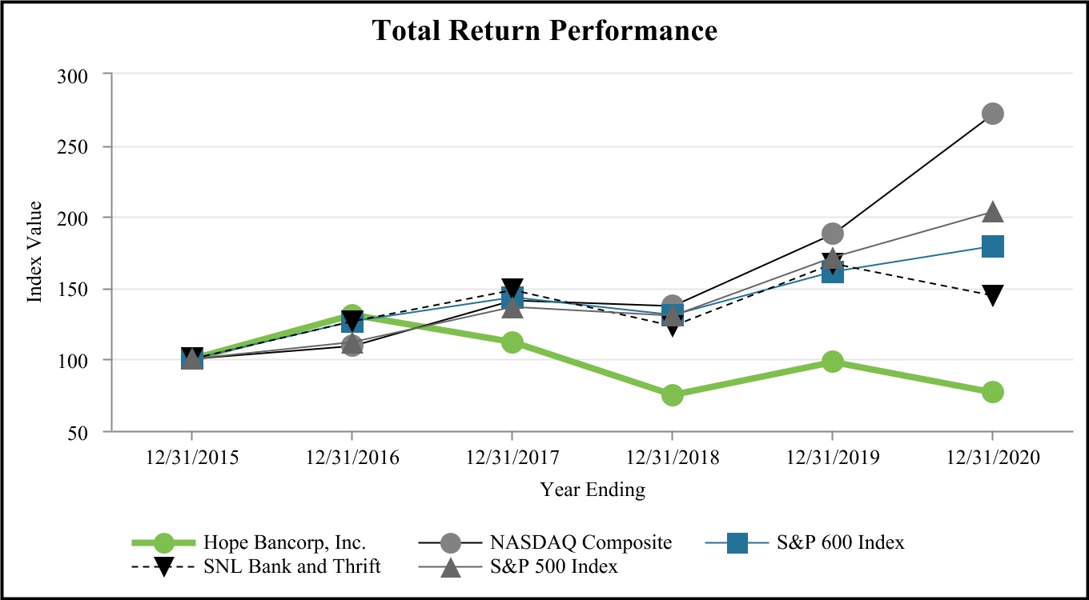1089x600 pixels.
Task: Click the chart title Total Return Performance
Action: (x=544, y=30)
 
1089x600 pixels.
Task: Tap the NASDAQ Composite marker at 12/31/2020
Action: (x=992, y=114)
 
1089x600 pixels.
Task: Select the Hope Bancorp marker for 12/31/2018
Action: (x=672, y=395)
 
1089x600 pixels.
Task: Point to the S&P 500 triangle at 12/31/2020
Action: (x=992, y=212)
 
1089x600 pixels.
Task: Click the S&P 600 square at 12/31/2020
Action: (x=992, y=246)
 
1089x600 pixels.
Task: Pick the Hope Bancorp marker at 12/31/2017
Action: (x=512, y=343)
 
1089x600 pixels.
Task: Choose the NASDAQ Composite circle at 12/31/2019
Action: (x=832, y=234)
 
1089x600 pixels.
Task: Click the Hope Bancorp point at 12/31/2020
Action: (x=992, y=392)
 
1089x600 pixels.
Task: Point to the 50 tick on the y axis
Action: (x=87, y=432)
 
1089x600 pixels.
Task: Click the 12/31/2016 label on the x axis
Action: (x=352, y=458)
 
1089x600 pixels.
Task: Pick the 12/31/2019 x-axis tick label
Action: (x=832, y=458)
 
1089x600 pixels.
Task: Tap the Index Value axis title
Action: (x=34, y=252)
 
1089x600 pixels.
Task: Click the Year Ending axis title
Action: (x=592, y=489)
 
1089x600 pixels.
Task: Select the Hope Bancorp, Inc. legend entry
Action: (x=284, y=542)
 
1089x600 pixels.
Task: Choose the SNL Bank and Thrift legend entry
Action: (x=291, y=566)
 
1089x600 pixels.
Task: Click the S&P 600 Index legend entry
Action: (x=840, y=542)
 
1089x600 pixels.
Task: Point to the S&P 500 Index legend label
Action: (x=553, y=566)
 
